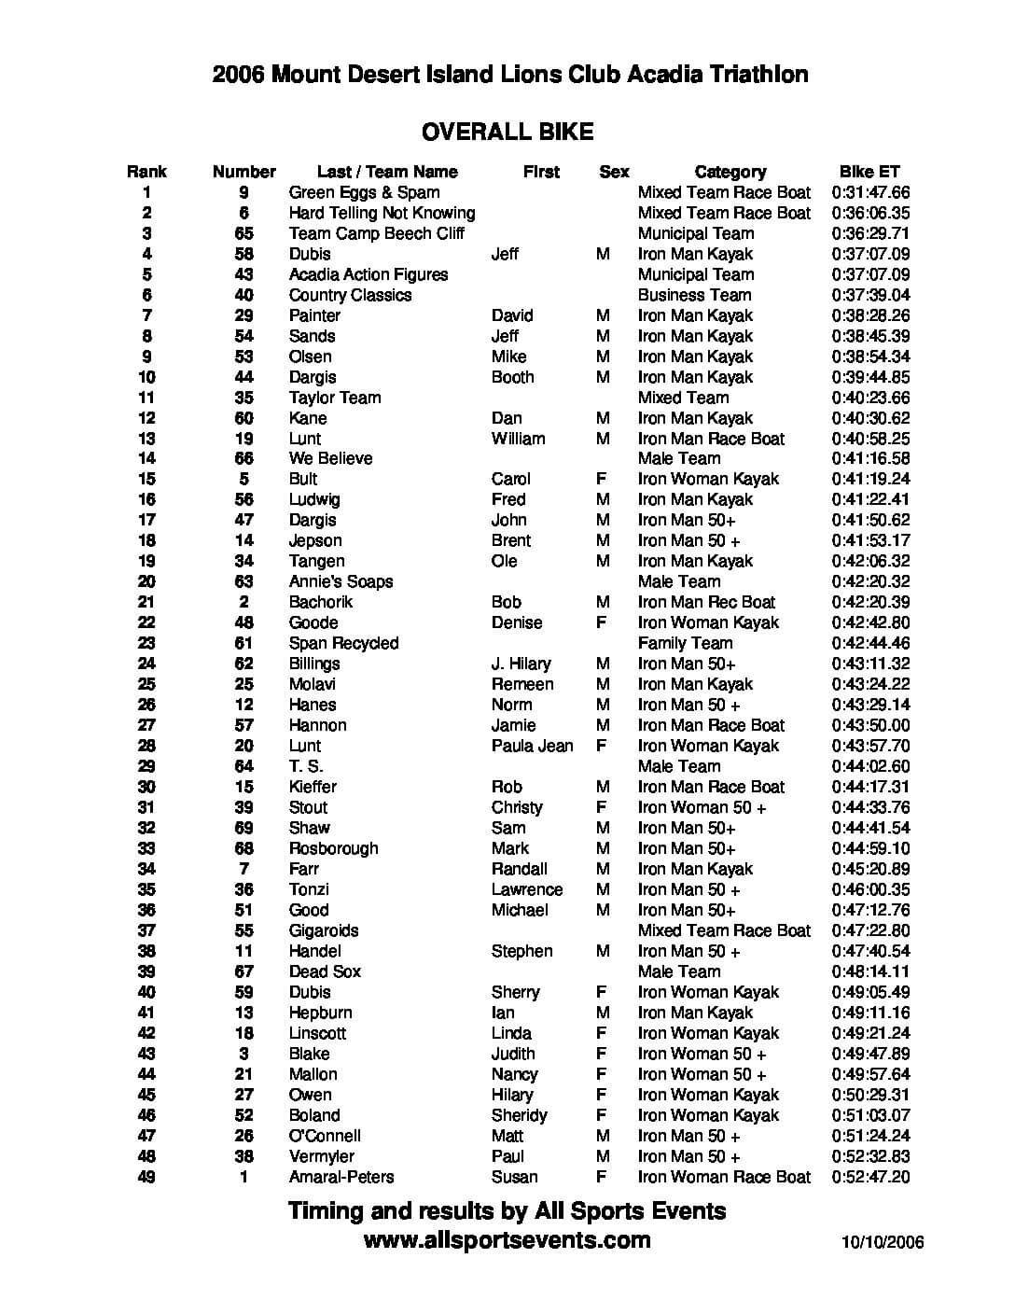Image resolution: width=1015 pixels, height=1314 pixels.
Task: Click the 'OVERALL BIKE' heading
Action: (x=507, y=132)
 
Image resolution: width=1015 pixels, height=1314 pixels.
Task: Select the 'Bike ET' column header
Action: (x=869, y=172)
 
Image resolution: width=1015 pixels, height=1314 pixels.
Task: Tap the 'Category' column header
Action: (x=730, y=172)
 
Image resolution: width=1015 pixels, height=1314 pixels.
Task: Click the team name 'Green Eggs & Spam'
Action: (x=364, y=192)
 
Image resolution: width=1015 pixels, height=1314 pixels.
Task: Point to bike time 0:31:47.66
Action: (x=870, y=192)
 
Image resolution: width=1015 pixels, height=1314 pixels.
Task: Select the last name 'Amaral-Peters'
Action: (x=341, y=1177)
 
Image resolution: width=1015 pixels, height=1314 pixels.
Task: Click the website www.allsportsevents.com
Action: (x=507, y=1239)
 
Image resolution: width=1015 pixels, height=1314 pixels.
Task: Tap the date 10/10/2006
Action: (x=882, y=1241)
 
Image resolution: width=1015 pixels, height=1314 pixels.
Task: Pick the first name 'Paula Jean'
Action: (x=532, y=746)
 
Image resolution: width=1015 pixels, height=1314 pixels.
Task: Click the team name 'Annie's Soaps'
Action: (x=341, y=581)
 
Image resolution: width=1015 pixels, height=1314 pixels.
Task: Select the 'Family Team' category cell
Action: (x=685, y=643)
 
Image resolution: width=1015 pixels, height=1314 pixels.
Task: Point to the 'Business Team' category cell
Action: (x=694, y=295)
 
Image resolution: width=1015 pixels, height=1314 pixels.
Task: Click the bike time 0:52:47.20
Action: (x=870, y=1177)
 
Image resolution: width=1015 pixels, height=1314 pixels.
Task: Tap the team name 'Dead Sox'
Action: (x=325, y=972)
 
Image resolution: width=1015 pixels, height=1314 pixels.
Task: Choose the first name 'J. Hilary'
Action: (x=521, y=664)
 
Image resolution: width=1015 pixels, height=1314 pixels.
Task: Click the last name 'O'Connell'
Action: (x=325, y=1136)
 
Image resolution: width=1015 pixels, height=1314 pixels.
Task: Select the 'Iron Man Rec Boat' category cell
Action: (x=706, y=602)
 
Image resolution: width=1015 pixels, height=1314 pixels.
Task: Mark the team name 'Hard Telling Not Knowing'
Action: (x=382, y=213)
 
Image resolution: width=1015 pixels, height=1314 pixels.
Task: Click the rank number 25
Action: (x=146, y=684)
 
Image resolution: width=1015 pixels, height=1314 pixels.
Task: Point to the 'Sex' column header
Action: (x=614, y=172)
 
